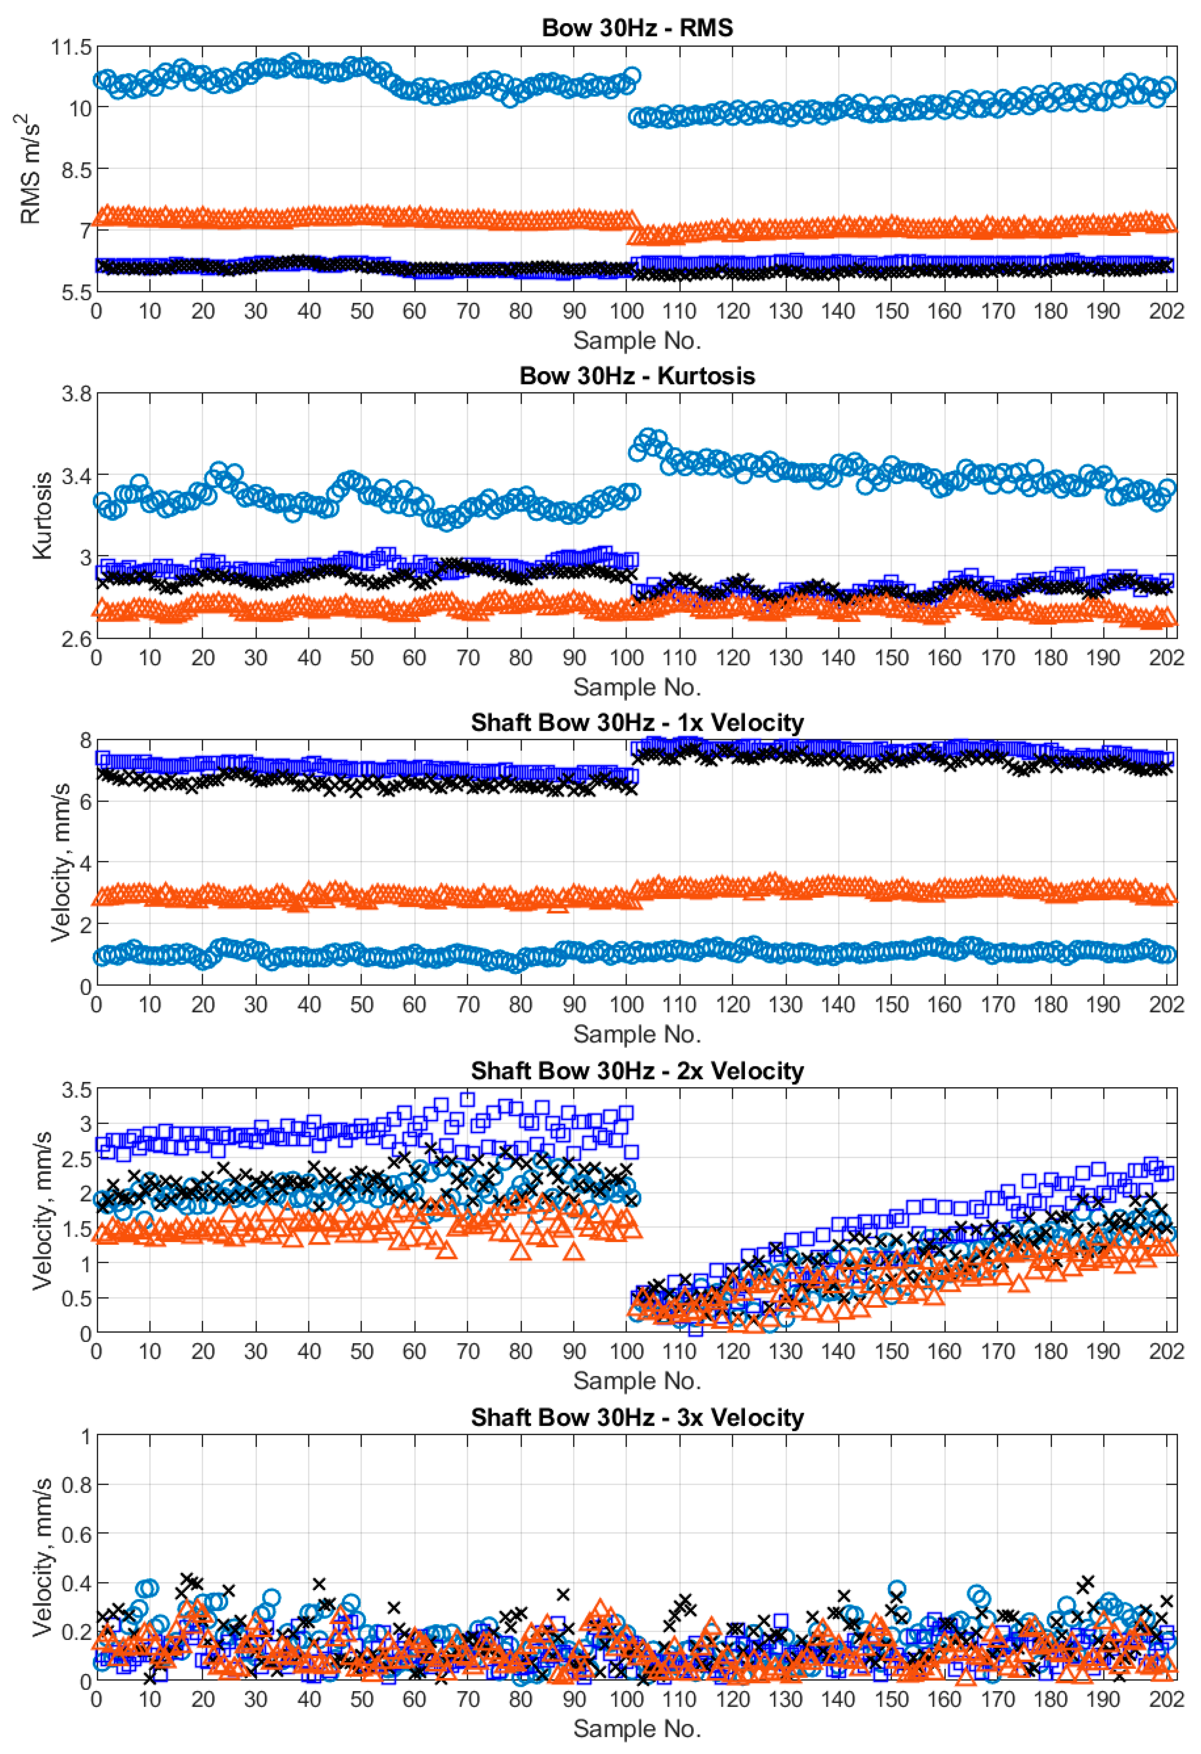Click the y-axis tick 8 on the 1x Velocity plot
point(84,740)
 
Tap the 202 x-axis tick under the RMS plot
point(1166,311)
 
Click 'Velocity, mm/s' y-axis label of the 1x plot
point(60,863)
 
